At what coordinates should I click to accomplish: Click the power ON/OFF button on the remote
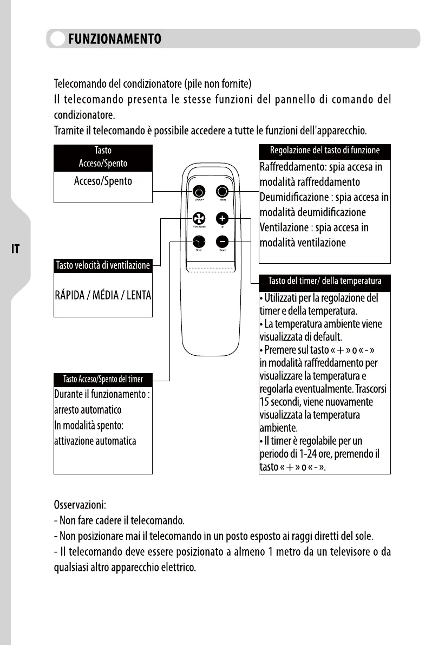click(x=199, y=192)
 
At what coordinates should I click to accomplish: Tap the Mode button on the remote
click(x=222, y=192)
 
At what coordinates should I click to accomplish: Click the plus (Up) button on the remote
click(x=222, y=218)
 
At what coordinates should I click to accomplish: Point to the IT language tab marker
click(x=16, y=249)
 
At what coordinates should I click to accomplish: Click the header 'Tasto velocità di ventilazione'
click(x=103, y=265)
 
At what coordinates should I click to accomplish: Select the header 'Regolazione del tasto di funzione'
click(x=325, y=151)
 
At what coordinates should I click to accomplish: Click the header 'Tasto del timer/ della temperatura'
click(x=325, y=281)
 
